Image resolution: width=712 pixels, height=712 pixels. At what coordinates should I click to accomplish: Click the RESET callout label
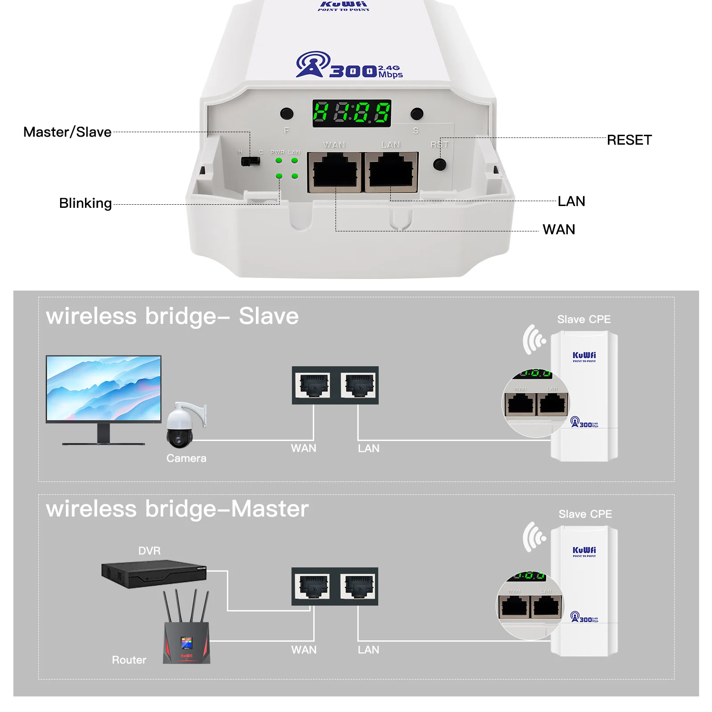pyautogui.click(x=629, y=140)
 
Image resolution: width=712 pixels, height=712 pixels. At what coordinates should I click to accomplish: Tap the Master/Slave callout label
pyautogui.click(x=67, y=132)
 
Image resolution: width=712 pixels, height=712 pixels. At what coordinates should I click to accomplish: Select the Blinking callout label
pyautogui.click(x=85, y=203)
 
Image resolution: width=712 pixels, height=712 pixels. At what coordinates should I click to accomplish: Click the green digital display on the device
pyautogui.click(x=352, y=113)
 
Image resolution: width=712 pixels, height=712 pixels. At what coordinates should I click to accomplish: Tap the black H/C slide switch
pyautogui.click(x=250, y=161)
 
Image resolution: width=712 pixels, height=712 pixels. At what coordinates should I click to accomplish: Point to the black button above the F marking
pyautogui.click(x=287, y=114)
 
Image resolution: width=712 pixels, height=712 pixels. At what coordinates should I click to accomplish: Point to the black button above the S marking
pyautogui.click(x=417, y=114)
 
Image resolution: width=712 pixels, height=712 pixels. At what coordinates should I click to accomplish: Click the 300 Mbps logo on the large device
pyautogui.click(x=349, y=66)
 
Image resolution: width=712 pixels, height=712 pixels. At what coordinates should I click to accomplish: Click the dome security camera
pyautogui.click(x=182, y=425)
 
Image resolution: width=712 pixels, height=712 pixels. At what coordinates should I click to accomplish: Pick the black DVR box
pyautogui.click(x=154, y=574)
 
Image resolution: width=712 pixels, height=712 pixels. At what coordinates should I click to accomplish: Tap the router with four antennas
pyautogui.click(x=186, y=632)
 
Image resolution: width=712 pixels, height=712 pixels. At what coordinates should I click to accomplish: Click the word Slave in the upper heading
pyautogui.click(x=268, y=316)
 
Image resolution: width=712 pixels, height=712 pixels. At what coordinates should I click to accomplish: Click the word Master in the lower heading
pyautogui.click(x=270, y=509)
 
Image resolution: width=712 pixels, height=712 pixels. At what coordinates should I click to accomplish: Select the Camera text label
pyautogui.click(x=186, y=458)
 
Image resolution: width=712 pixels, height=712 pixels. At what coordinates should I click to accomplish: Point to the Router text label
pyautogui.click(x=129, y=660)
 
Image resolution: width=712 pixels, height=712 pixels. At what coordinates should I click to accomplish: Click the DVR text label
pyautogui.click(x=149, y=551)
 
